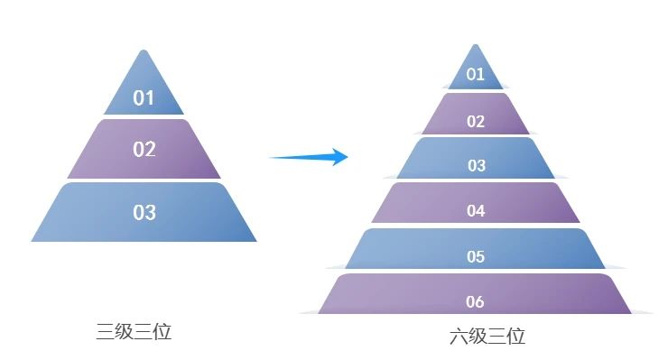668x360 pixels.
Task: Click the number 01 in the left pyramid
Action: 144,97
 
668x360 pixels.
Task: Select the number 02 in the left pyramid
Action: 144,149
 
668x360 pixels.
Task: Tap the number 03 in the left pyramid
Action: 144,213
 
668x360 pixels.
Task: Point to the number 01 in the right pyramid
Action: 476,74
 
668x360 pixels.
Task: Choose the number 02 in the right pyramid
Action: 476,122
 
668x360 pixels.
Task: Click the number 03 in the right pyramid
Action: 476,166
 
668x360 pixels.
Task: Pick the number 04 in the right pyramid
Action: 476,211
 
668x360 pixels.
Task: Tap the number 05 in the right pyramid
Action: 476,257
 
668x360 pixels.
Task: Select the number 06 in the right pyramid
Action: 476,301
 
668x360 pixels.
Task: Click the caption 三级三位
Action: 134,331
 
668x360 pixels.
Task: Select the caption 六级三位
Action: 487,337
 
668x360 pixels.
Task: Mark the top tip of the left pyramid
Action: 144,51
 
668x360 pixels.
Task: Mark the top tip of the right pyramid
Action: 476,45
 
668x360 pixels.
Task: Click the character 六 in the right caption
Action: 459,337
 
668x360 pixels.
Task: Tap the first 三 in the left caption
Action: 106,331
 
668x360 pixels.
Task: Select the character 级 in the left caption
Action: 125,331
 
